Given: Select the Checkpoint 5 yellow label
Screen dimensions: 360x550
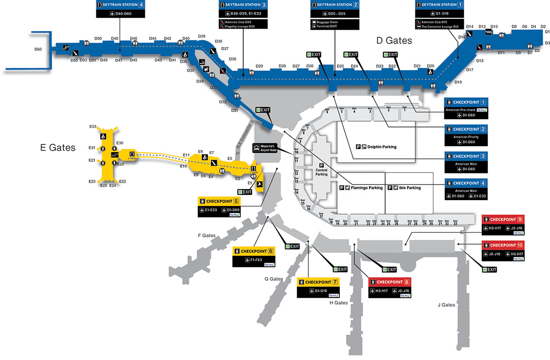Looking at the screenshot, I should click(219, 201).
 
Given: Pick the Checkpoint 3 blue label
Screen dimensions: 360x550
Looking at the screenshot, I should click(466, 157).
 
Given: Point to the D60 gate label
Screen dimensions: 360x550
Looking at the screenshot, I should click(38, 49).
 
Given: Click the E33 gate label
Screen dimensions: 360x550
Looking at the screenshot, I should click(93, 126).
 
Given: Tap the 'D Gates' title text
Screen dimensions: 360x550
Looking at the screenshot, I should click(394, 41).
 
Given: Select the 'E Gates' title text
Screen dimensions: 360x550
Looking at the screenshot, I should click(58, 148).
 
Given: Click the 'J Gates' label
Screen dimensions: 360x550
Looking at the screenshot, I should click(446, 305).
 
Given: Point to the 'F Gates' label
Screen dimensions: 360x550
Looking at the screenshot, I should click(207, 235).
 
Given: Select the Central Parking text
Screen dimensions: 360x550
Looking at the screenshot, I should click(321, 172).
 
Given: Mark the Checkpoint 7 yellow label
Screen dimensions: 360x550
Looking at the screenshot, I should click(318, 282).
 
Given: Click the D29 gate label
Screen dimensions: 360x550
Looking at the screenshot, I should click(259, 66).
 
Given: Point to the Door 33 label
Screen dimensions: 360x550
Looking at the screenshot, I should click(455, 223).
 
